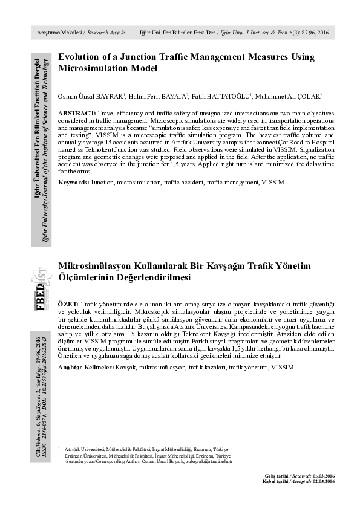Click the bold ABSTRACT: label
(x=77, y=114)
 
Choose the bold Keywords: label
(x=73, y=181)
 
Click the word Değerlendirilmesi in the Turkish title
(x=146, y=277)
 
